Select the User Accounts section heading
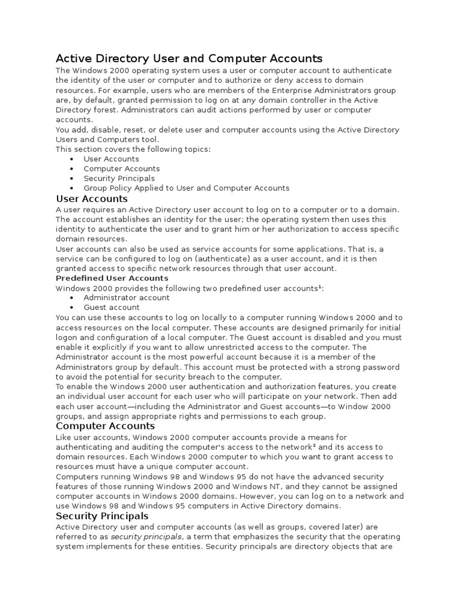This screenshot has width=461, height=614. (92, 198)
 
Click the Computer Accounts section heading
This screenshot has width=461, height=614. (105, 426)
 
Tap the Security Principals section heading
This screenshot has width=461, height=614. (102, 516)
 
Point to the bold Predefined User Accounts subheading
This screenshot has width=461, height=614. (112, 278)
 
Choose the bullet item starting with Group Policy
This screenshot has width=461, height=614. (186, 188)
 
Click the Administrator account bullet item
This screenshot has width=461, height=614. (118, 298)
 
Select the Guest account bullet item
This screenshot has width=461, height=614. (112, 308)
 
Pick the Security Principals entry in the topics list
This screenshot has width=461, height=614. (119, 179)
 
